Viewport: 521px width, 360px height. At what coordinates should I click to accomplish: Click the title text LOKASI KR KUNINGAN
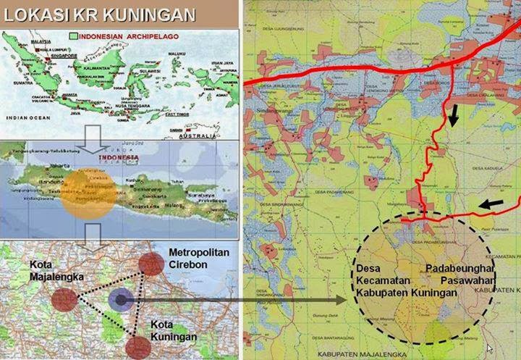coord(99,14)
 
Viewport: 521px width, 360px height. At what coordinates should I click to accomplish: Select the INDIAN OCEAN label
coord(22,116)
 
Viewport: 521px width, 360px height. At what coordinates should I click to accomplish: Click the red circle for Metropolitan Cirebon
coord(152,264)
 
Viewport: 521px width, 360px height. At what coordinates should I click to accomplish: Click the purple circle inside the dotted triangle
coord(120,298)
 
